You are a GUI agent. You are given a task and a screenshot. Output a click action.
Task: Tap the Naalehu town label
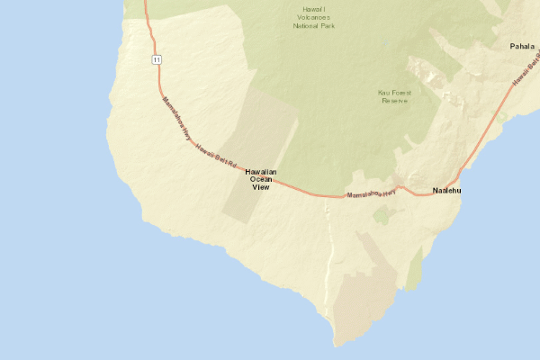pos(446,191)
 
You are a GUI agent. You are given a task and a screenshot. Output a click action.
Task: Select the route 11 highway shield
pos(157,59)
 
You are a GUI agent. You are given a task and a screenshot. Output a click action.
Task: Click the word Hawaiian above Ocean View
pos(261,172)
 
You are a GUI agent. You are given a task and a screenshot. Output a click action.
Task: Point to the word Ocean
pos(261,179)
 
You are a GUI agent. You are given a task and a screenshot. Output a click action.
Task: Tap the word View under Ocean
pos(261,187)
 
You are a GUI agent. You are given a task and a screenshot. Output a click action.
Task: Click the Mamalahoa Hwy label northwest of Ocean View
pos(176,119)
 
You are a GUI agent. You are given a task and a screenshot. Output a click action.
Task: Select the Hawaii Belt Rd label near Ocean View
pos(216,157)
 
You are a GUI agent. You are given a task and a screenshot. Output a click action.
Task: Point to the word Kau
pos(384,93)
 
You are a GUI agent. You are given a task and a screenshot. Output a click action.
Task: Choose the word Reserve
pos(395,101)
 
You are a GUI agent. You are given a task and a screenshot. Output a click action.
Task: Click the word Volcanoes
pos(313,18)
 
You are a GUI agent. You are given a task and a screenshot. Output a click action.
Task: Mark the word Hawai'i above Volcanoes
pos(313,10)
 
